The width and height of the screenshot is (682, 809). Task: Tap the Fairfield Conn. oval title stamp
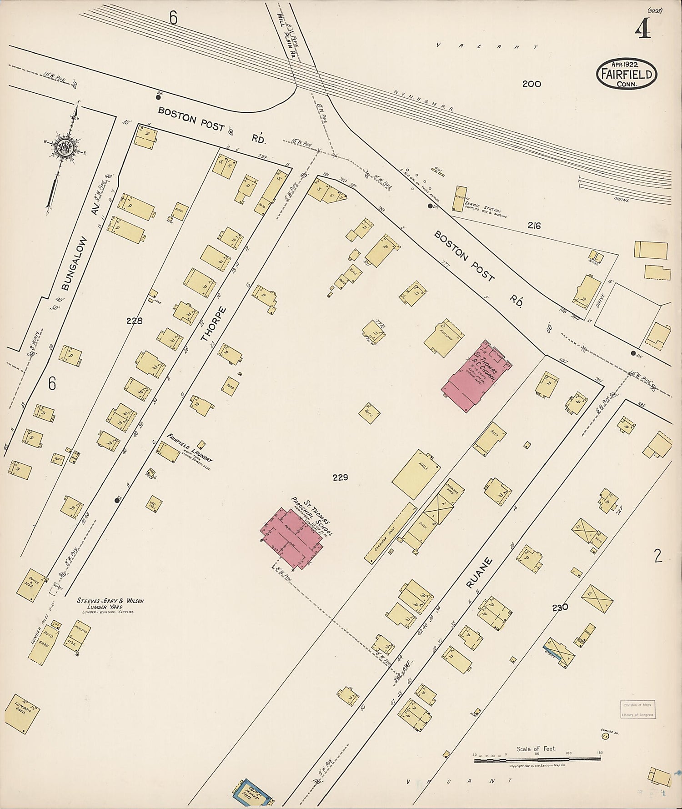pyautogui.click(x=627, y=74)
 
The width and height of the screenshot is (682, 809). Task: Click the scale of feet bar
pyautogui.click(x=537, y=759)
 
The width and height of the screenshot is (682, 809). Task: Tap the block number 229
pyautogui.click(x=340, y=477)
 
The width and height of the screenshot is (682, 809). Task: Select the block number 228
pyautogui.click(x=134, y=321)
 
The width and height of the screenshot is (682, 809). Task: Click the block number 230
pyautogui.click(x=560, y=608)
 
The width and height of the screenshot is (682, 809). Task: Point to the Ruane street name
pyautogui.click(x=480, y=573)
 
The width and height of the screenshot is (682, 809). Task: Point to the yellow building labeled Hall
pyautogui.click(x=416, y=475)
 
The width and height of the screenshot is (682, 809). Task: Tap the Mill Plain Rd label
pyautogui.click(x=286, y=34)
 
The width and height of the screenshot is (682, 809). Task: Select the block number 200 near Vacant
pyautogui.click(x=532, y=84)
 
